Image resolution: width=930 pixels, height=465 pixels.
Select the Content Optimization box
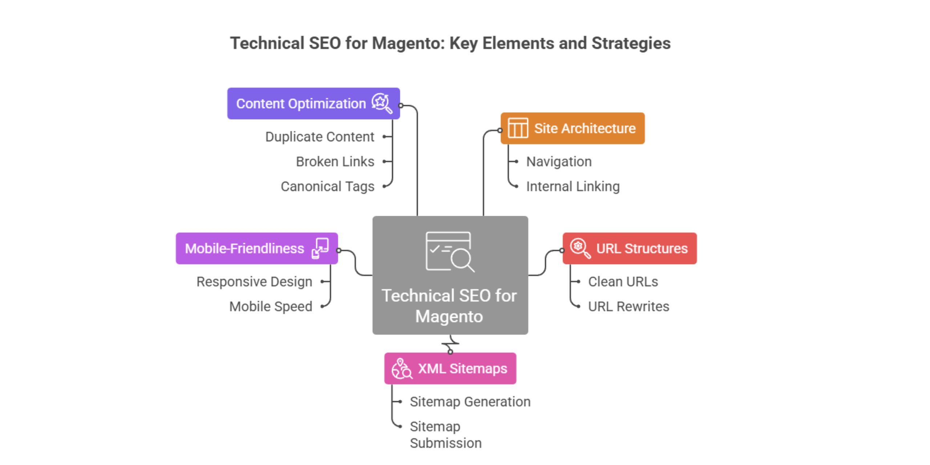click(x=313, y=104)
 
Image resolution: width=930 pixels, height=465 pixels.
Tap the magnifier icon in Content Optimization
click(x=382, y=104)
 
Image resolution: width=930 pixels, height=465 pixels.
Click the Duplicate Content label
click(x=319, y=137)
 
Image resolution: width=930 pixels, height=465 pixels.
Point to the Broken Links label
click(x=335, y=162)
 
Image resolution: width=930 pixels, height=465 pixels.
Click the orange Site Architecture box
click(x=573, y=128)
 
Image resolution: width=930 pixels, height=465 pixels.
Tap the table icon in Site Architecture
click(x=518, y=128)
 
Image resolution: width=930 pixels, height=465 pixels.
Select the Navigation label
click(x=559, y=162)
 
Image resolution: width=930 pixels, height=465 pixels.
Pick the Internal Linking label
click(x=573, y=186)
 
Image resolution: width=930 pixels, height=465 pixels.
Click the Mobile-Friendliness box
click(x=256, y=248)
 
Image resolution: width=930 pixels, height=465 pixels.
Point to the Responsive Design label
click(x=254, y=282)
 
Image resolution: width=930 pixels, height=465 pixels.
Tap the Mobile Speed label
click(x=270, y=306)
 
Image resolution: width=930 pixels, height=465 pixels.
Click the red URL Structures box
click(x=630, y=248)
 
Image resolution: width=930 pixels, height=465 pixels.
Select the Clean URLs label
click(x=623, y=282)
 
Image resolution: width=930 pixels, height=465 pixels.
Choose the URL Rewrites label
click(x=628, y=306)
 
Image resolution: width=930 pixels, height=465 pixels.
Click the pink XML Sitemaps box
click(x=450, y=368)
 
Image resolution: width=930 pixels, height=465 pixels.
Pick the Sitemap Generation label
click(x=470, y=402)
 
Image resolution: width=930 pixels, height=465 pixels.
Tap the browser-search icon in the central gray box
click(x=450, y=252)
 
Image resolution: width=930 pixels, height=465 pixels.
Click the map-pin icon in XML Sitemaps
click(x=401, y=368)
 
